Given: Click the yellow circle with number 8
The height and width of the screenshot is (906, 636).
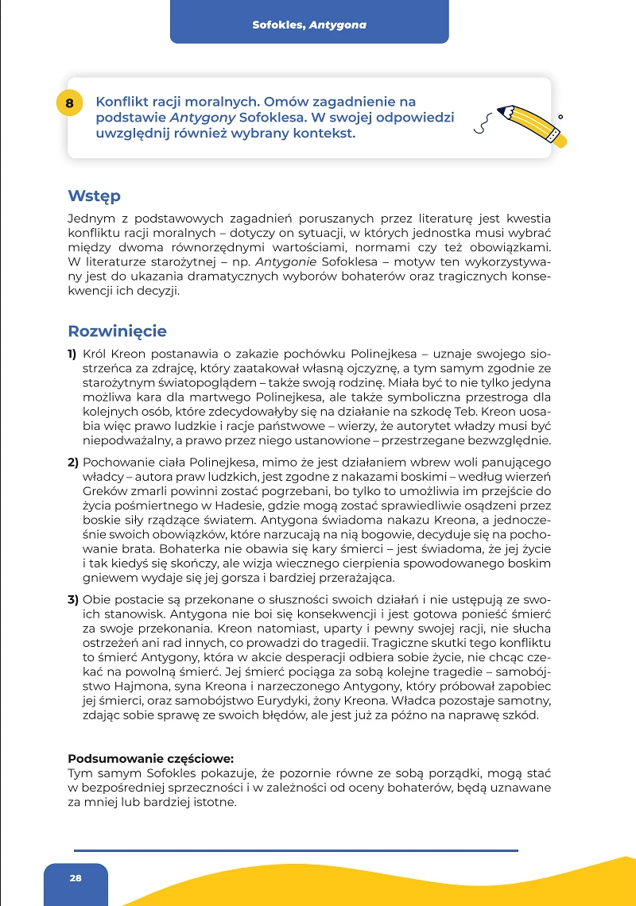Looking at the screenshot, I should pyautogui.click(x=70, y=103).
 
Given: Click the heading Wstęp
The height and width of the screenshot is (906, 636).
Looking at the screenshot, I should pyautogui.click(x=94, y=196).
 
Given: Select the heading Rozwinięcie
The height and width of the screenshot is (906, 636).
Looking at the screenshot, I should pyautogui.click(x=117, y=331).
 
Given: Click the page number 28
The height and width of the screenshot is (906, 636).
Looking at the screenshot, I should pyautogui.click(x=76, y=877).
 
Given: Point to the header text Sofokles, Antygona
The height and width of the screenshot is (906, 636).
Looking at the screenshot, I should pyautogui.click(x=309, y=25).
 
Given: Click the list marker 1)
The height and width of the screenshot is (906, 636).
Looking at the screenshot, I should pyautogui.click(x=72, y=353).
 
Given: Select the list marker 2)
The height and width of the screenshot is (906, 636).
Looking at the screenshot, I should pyautogui.click(x=72, y=463).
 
